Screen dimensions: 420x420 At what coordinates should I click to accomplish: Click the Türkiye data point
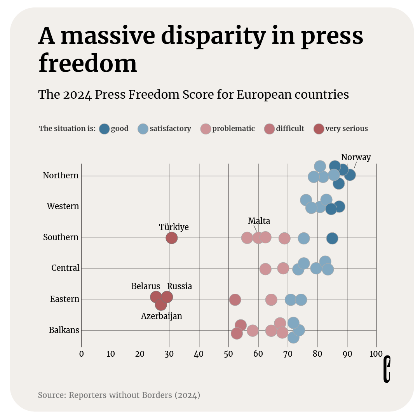click(x=172, y=238)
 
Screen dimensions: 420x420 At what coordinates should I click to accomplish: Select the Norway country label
click(x=356, y=157)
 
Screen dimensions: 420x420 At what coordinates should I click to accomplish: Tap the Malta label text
click(x=259, y=221)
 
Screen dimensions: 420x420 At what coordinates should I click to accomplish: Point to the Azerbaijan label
click(x=161, y=316)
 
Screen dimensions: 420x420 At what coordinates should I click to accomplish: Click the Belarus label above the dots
click(x=146, y=286)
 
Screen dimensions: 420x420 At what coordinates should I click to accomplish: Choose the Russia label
click(x=180, y=286)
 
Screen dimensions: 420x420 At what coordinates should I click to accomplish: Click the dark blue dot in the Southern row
click(x=332, y=238)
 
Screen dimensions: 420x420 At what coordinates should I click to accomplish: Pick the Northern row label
click(x=61, y=176)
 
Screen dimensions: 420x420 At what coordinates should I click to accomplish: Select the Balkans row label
click(x=64, y=330)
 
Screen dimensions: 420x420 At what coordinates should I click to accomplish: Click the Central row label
click(x=65, y=268)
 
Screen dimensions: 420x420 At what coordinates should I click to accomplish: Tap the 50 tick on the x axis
click(x=228, y=354)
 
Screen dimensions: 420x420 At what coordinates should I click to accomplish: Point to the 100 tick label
click(x=376, y=354)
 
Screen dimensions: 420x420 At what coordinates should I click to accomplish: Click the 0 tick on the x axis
click(x=81, y=354)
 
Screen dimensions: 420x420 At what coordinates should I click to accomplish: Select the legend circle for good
click(x=104, y=129)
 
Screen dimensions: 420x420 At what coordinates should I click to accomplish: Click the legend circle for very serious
click(x=319, y=129)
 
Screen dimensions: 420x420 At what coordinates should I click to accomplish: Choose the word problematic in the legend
click(x=234, y=129)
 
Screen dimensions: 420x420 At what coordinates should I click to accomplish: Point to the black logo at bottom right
click(x=387, y=369)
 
